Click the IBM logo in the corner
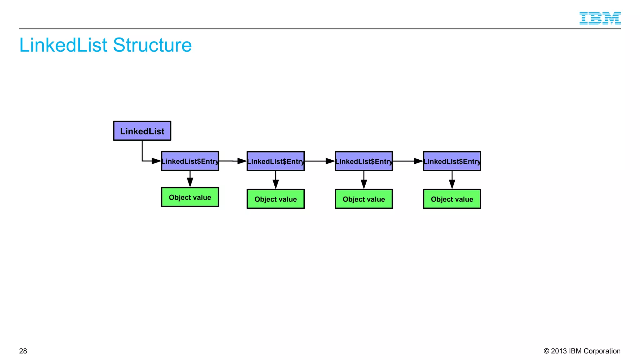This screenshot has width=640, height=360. click(600, 18)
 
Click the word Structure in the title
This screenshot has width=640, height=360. click(152, 45)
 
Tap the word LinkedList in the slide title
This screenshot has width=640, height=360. click(63, 45)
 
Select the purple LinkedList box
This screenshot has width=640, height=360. click(142, 131)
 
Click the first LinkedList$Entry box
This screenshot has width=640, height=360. click(190, 161)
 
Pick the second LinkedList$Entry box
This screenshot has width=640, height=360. click(276, 161)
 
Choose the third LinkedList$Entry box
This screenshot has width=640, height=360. click(364, 161)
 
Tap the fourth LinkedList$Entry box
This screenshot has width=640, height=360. click(452, 161)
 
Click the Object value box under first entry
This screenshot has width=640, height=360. click(190, 197)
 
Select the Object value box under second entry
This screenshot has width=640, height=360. click(276, 199)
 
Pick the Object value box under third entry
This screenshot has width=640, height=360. click(364, 199)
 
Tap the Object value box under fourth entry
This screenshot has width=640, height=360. click(452, 199)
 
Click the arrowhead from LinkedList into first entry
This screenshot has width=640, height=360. click(156, 161)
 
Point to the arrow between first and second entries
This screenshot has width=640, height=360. click(233, 161)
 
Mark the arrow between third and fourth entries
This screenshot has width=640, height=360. click(408, 161)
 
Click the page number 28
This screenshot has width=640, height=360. click(23, 351)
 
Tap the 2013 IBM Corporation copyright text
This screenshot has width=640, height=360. click(582, 351)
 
